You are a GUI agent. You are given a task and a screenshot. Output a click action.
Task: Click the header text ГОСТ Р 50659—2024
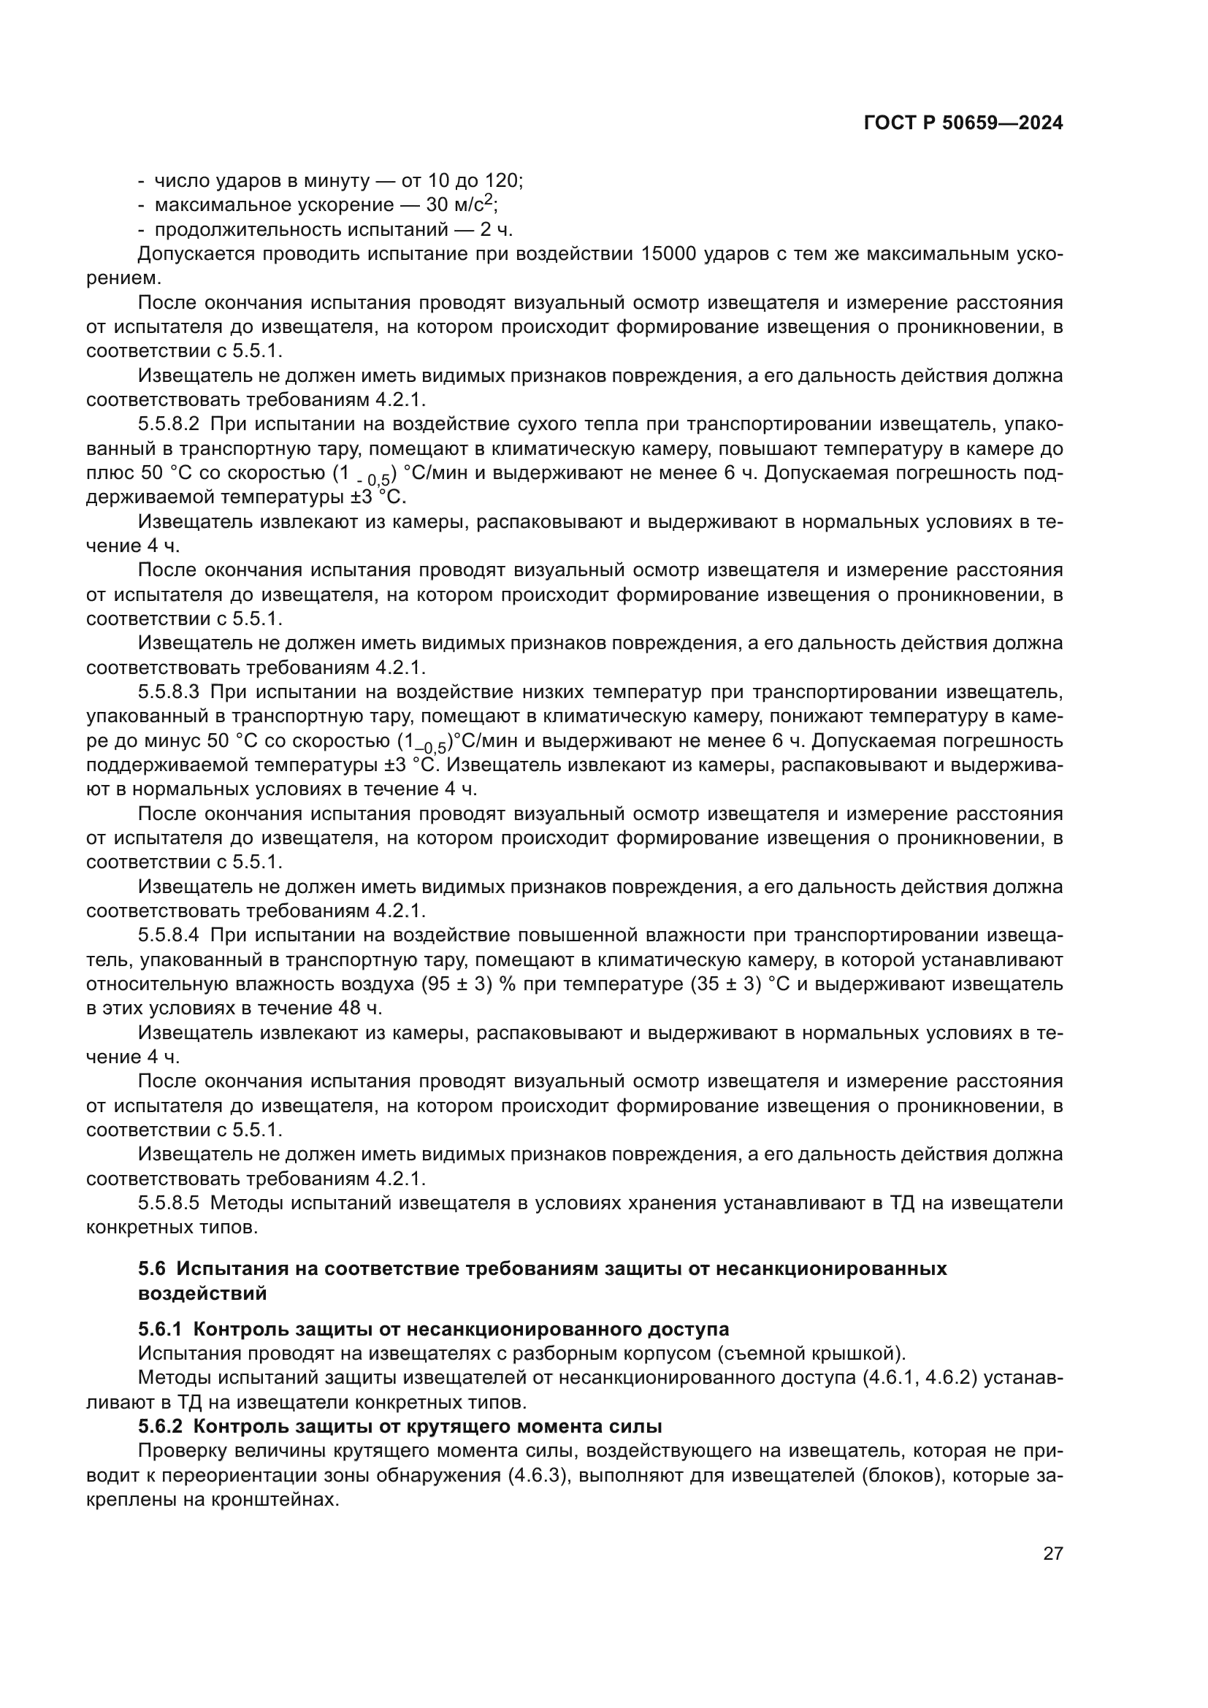[x=963, y=123]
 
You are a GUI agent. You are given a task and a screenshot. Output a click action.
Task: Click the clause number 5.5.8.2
[x=169, y=425]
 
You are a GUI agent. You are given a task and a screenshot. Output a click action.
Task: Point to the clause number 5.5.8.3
[x=169, y=692]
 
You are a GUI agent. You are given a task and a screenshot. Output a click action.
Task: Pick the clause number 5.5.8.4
[x=169, y=935]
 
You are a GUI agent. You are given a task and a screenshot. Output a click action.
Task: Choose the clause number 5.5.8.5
[x=169, y=1203]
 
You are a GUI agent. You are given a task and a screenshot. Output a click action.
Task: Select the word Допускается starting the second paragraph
[x=195, y=254]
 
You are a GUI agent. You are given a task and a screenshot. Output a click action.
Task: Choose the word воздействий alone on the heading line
[x=202, y=1293]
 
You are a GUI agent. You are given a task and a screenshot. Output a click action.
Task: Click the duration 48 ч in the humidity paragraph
[x=357, y=1008]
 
